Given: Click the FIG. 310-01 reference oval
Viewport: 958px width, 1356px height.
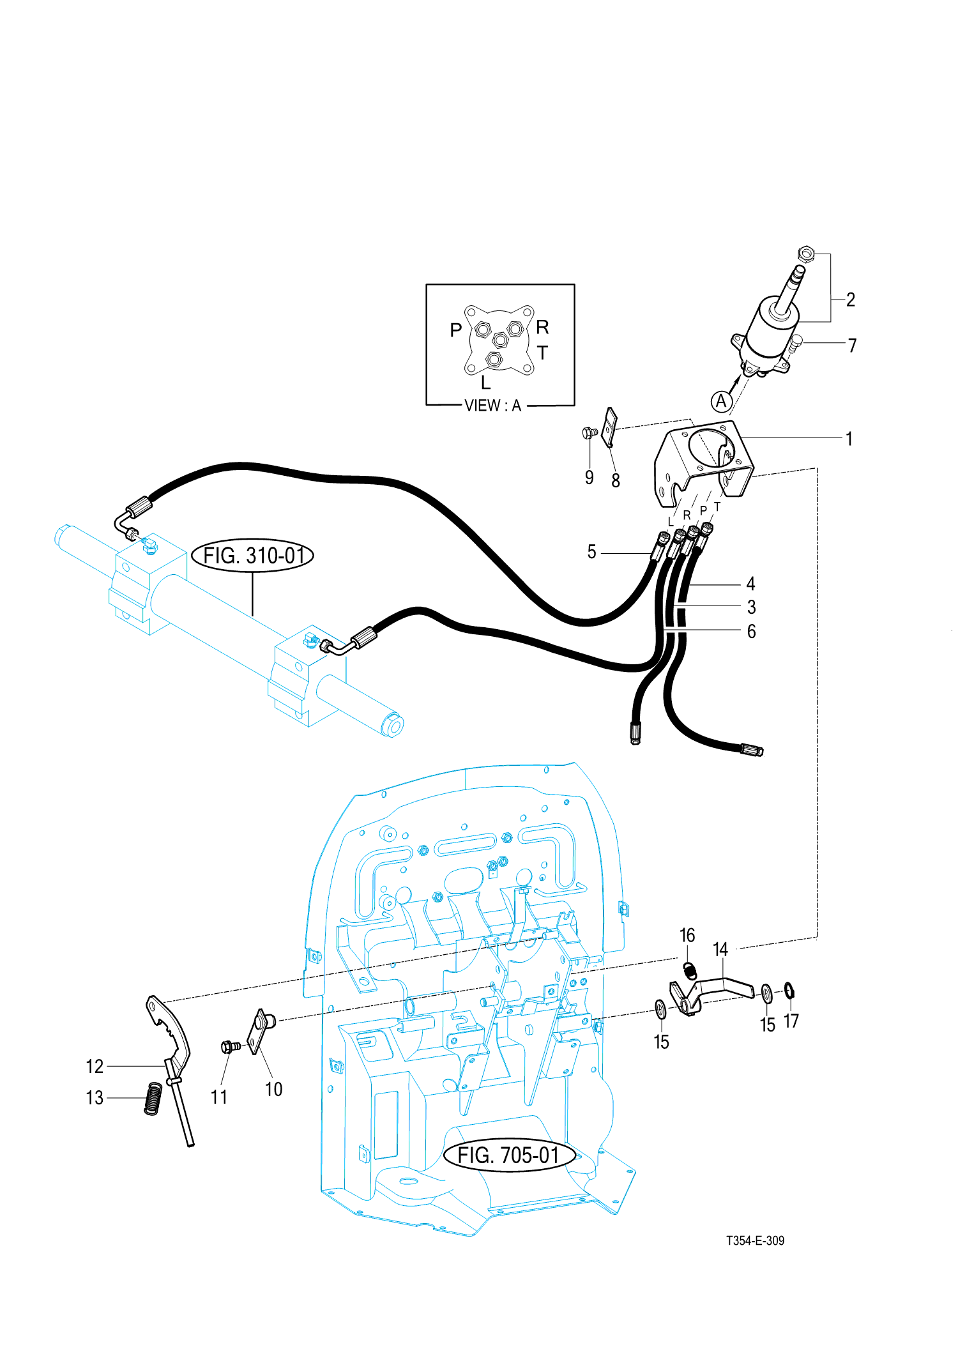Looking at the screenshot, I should click(x=253, y=555).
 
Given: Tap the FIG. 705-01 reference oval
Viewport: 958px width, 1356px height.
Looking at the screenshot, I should click(x=509, y=1155).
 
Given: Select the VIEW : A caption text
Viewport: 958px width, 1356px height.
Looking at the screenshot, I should click(x=492, y=406).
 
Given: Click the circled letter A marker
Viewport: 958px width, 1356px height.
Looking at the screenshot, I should click(x=721, y=401).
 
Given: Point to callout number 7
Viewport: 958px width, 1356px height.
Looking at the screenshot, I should click(x=852, y=346).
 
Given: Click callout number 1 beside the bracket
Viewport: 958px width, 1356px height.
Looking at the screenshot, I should click(x=849, y=439).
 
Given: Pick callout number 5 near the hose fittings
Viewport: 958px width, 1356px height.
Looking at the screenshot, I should click(x=591, y=552).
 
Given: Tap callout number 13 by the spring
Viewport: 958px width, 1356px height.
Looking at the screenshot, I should click(x=95, y=1097).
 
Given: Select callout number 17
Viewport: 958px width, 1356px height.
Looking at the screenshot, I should click(x=791, y=1021).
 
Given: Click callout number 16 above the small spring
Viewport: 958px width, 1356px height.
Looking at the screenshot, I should click(x=687, y=935).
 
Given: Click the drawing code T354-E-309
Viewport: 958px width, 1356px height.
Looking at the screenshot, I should click(x=755, y=1240).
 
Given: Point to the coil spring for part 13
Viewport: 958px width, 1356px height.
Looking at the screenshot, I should click(x=153, y=1099).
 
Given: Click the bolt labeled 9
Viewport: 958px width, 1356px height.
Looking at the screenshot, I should click(x=589, y=433).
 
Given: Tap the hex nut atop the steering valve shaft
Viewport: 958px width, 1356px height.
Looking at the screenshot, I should click(x=806, y=254).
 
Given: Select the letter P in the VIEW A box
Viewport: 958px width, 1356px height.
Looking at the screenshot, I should click(x=455, y=330).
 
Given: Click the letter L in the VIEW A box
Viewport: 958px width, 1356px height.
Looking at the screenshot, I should click(x=485, y=383).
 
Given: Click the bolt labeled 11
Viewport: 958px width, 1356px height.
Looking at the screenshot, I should click(x=229, y=1046).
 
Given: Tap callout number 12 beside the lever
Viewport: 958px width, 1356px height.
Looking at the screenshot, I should click(x=95, y=1066).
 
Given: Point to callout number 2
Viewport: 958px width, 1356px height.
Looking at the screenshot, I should click(x=851, y=300).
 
